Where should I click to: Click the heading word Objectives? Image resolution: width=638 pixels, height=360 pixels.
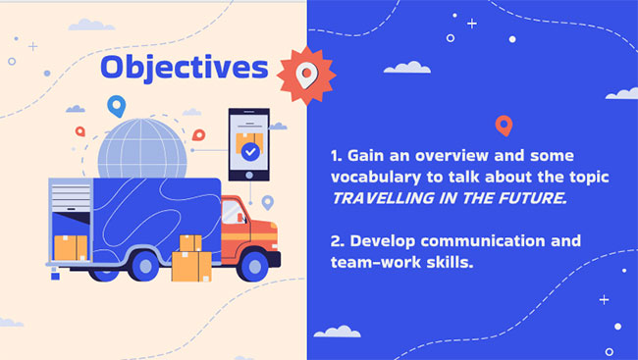(184, 68)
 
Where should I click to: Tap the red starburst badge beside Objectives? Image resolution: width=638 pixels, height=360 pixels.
(306, 75)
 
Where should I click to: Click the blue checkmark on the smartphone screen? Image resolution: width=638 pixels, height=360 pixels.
(250, 152)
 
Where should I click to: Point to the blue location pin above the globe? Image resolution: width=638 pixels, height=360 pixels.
(117, 106)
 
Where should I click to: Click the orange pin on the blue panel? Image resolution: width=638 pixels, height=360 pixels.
(504, 126)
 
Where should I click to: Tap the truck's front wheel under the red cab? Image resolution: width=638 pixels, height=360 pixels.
(252, 264)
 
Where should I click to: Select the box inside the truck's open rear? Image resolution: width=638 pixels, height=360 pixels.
(69, 247)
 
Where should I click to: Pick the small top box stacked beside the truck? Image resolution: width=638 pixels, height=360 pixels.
(189, 242)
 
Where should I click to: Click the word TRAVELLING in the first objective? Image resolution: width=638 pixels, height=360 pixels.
(379, 197)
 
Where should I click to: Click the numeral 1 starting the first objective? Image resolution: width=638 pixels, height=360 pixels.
(335, 156)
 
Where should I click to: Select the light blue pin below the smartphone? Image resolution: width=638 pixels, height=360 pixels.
(267, 203)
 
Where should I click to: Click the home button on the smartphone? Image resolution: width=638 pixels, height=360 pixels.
(249, 174)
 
